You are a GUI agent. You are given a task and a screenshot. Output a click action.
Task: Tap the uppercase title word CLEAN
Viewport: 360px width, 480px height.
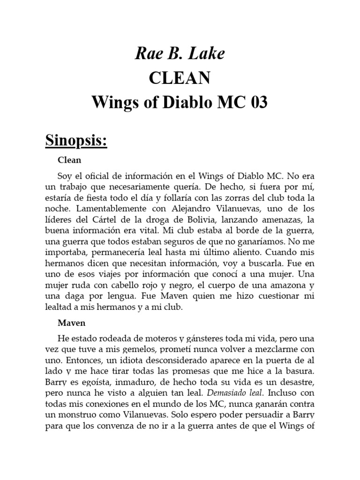[180, 78]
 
